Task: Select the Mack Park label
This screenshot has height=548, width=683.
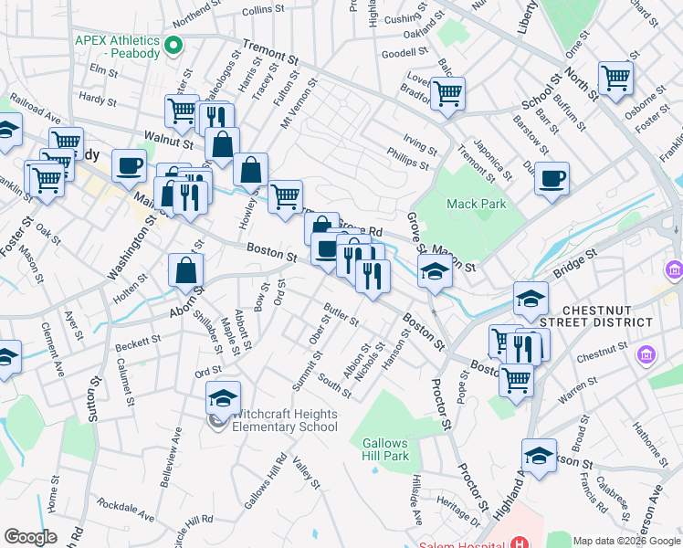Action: coord(476,205)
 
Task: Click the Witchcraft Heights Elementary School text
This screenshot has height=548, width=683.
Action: coord(285,420)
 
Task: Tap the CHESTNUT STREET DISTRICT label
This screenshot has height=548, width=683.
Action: coord(607,316)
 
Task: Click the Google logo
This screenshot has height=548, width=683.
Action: coord(30,538)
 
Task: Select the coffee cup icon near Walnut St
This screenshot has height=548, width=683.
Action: coord(129,166)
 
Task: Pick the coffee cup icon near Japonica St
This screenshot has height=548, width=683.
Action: coord(552,178)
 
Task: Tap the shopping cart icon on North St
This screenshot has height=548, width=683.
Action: coord(615,78)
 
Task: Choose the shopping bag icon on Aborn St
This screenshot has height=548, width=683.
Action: coord(186,269)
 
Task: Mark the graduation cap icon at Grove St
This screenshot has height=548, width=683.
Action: coord(435,270)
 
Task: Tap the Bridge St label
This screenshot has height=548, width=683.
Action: coord(573,267)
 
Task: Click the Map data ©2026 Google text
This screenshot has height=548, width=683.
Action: coord(626,541)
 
